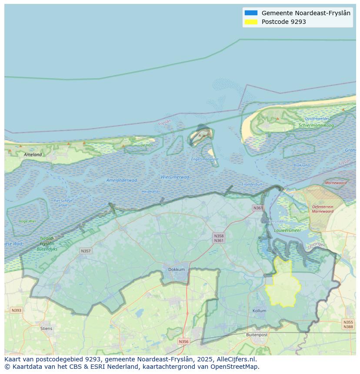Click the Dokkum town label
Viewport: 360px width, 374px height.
[177, 269]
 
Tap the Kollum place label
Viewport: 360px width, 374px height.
[259, 311]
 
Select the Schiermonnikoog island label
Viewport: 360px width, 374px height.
[316, 126]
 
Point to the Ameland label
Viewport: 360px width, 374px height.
[33, 154]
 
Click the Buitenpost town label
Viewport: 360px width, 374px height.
[257, 335]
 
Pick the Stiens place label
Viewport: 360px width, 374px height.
[46, 328]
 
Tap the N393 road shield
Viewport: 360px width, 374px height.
[16, 310]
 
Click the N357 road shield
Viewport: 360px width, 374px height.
[86, 251]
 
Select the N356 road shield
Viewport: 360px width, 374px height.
[183, 341]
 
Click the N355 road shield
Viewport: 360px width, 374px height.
[348, 322]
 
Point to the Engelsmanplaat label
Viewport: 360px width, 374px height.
[205, 159]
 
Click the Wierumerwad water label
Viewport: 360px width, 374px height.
[175, 177]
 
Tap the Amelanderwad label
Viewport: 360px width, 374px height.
[122, 180]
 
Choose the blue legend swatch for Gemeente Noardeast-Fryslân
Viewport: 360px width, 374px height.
[251, 13]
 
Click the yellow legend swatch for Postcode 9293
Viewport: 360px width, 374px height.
[251, 22]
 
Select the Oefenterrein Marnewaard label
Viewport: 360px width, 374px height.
[323, 209]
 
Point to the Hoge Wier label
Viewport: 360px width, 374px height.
[27, 221]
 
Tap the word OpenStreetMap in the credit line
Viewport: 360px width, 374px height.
[234, 367]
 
